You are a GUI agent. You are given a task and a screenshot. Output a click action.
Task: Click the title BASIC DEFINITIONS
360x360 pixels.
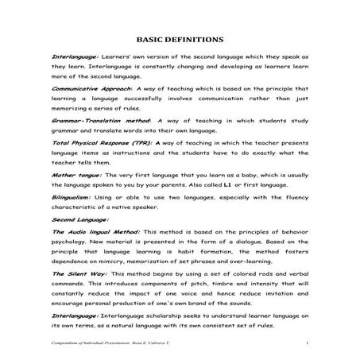tap(180, 39)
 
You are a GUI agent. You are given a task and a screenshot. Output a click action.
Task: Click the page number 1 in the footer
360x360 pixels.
tap(306, 343)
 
